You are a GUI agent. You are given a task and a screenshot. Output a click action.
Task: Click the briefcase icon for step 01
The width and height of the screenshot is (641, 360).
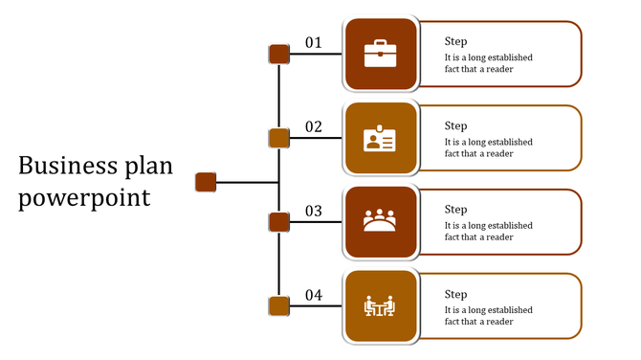click(x=380, y=54)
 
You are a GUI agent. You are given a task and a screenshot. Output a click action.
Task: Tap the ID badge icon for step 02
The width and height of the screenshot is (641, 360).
click(x=380, y=139)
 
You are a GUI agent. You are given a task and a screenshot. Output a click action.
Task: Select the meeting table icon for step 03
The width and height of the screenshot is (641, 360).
click(x=380, y=222)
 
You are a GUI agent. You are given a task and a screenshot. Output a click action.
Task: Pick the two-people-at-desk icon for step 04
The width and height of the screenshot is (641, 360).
click(x=380, y=306)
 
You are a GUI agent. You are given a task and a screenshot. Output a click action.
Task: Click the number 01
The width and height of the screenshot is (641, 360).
click(x=314, y=43)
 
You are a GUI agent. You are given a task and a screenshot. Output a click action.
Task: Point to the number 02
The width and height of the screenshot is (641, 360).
click(x=314, y=127)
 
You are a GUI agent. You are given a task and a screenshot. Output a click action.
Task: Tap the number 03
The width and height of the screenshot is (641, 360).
click(x=314, y=212)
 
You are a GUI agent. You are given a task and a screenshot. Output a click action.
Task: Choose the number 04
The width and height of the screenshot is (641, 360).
click(x=314, y=296)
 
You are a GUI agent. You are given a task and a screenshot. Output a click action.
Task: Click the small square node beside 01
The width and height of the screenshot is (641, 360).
click(x=278, y=54)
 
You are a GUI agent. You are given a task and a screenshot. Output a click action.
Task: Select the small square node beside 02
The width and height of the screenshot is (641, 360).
click(x=278, y=138)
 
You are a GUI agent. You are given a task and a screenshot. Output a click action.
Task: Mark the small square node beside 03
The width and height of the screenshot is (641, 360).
click(x=278, y=222)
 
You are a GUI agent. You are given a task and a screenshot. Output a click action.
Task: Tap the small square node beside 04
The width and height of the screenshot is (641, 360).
click(x=278, y=306)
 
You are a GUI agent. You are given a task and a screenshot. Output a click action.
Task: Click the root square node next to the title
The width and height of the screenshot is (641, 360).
click(x=206, y=181)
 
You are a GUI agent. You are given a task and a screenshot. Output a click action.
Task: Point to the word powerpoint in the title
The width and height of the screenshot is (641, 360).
click(x=85, y=199)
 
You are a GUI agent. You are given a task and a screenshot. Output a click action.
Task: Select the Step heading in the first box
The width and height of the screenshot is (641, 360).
click(x=456, y=42)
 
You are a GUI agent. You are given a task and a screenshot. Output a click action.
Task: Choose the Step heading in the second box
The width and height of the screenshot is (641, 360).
click(x=456, y=126)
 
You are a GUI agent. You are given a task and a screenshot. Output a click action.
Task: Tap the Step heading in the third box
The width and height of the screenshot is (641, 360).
click(x=456, y=210)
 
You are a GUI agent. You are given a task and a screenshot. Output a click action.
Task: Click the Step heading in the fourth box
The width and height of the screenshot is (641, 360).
click(x=456, y=294)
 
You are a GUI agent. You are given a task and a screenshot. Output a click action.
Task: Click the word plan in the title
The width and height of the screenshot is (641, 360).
click(x=147, y=169)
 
